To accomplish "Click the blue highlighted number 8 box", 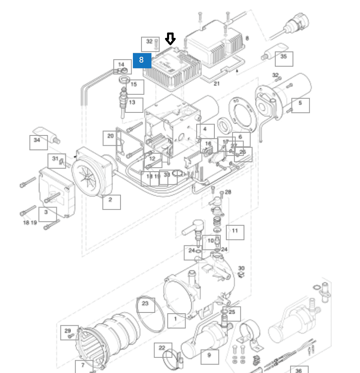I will (x=142, y=61).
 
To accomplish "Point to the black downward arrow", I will (x=170, y=39).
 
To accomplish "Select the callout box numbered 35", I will (x=283, y=57).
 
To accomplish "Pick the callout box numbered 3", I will (x=47, y=213).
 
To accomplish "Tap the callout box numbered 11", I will (x=235, y=231).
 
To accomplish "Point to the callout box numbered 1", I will (x=176, y=319).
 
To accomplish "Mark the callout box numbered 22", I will (x=163, y=349).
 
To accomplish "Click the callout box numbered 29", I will (x=68, y=331).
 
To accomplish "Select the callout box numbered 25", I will (x=232, y=313).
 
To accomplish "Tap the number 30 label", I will (x=242, y=268).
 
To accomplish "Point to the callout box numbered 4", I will (x=205, y=131).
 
